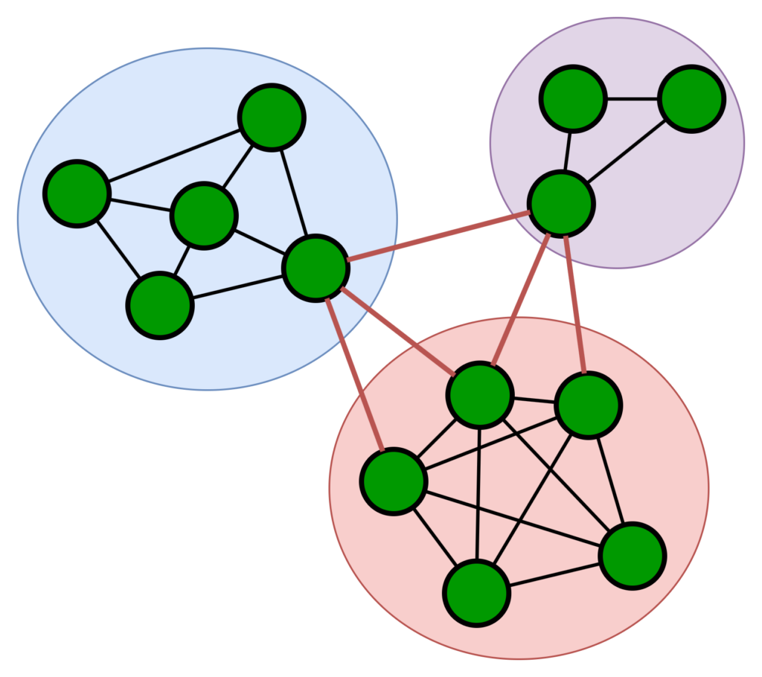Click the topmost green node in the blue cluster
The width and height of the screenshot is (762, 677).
tap(272, 118)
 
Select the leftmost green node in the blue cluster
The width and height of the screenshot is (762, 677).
tap(77, 193)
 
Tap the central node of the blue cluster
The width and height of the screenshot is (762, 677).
tap(204, 216)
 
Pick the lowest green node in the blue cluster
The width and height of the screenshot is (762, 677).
tap(160, 305)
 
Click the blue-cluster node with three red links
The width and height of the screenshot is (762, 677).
tap(316, 268)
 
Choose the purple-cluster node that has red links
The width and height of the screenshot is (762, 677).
tap(560, 203)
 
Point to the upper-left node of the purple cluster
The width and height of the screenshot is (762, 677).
tap(573, 99)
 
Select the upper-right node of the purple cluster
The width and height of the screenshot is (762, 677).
tap(691, 99)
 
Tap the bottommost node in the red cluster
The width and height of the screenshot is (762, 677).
tap(476, 593)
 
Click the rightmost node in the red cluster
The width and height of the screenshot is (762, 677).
tap(633, 556)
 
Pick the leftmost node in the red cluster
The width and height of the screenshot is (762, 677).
tap(394, 481)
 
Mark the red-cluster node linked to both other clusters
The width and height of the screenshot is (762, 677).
tap(480, 395)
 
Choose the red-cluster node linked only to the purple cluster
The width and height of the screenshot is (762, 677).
tap(588, 405)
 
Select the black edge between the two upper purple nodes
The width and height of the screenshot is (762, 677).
tap(632, 99)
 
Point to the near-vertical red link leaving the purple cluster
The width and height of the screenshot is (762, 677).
tap(575, 305)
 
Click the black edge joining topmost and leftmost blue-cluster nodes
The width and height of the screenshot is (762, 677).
tap(175, 155)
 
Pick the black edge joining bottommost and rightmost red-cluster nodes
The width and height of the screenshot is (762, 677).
tap(554, 574)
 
